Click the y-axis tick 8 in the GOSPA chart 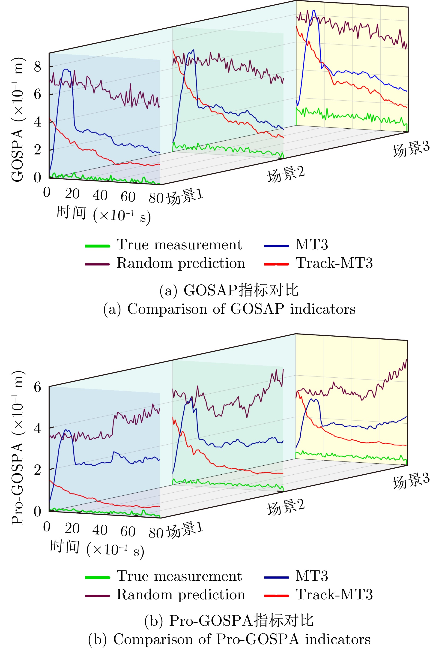[38, 67]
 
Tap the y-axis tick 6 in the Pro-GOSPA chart [38, 387]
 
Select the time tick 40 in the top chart [100, 195]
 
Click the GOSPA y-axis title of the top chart [17, 120]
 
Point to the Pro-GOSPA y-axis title [17, 448]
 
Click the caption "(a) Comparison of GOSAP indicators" [229, 309]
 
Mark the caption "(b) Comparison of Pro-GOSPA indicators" [229, 639]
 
